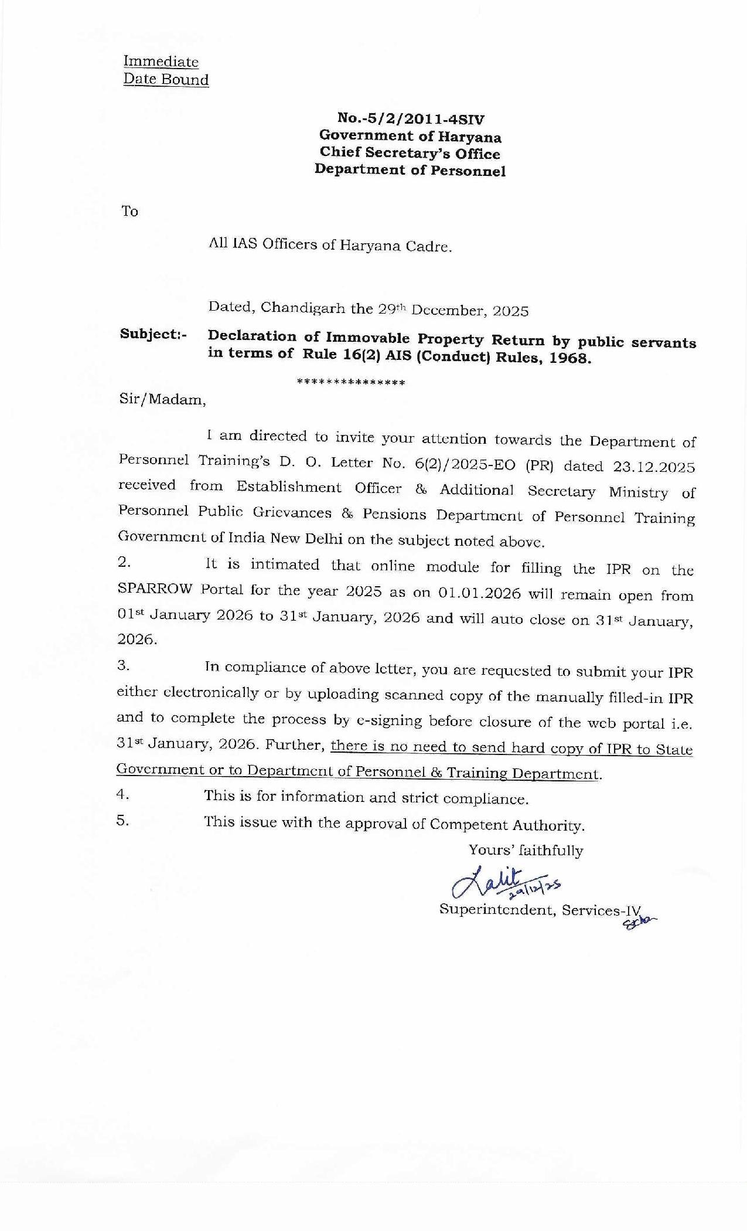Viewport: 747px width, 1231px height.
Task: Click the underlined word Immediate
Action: click(x=161, y=62)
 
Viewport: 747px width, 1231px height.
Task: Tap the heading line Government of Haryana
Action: click(x=410, y=137)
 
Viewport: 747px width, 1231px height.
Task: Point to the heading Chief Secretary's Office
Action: click(x=410, y=154)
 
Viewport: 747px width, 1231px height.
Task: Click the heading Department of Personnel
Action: click(x=410, y=171)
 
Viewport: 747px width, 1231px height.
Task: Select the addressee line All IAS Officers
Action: click(x=330, y=245)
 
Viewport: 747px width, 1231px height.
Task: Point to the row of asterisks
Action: click(x=351, y=383)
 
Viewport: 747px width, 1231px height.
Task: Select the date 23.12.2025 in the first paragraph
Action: click(x=653, y=468)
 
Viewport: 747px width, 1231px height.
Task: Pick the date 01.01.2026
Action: click(x=479, y=593)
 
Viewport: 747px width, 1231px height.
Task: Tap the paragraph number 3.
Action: click(x=123, y=665)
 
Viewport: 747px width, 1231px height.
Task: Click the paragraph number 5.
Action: click(x=122, y=821)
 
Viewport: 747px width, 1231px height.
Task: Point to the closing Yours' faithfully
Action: click(x=526, y=850)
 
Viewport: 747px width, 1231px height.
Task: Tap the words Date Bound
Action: click(x=166, y=80)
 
